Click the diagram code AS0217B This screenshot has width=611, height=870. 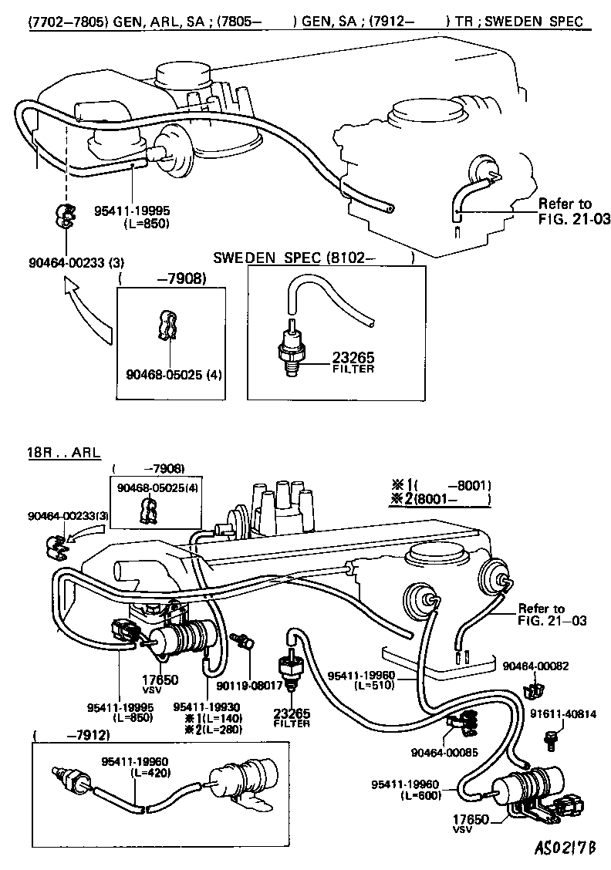[x=565, y=848]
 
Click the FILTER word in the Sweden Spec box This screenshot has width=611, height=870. [x=353, y=369]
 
